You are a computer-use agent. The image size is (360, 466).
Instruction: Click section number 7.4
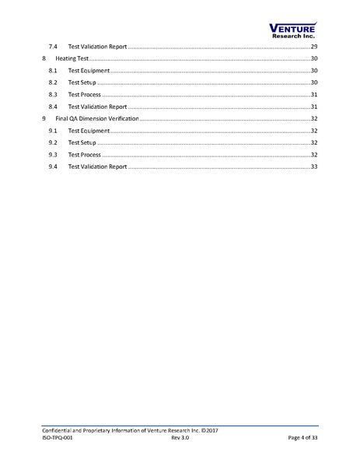pos(52,47)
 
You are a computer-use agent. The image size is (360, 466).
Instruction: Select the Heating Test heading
pos(70,58)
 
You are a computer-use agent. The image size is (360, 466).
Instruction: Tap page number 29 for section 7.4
pos(313,47)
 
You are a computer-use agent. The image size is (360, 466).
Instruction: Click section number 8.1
pos(52,71)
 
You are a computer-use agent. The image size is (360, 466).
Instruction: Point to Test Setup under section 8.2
pos(82,82)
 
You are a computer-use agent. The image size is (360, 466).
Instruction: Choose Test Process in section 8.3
pos(85,94)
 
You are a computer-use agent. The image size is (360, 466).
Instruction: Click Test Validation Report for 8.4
pos(97,107)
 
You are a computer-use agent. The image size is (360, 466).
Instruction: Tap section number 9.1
pos(52,131)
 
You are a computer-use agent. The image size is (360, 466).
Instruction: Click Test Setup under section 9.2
pos(82,142)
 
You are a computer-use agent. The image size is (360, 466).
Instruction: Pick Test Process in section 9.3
pos(85,155)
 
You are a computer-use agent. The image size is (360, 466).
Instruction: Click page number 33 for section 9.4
pos(313,166)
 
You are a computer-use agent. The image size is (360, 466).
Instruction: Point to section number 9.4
pos(52,166)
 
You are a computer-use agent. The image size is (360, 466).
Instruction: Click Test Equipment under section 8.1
pos(88,71)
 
